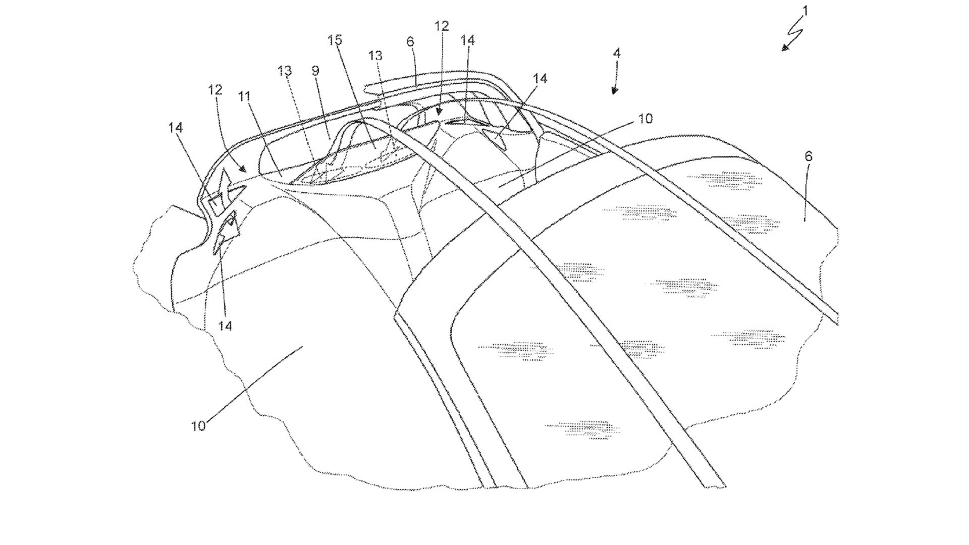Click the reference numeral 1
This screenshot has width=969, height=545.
[x=805, y=11]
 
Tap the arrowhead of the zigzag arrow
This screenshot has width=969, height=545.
[x=784, y=47]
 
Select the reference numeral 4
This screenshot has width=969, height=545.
[x=617, y=53]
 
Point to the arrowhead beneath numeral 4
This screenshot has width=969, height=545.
[x=614, y=90]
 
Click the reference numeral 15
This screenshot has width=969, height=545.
[x=335, y=40]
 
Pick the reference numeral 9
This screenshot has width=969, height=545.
[x=316, y=71]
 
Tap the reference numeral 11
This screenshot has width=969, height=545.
[x=245, y=96]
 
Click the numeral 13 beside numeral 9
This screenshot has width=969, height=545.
[x=285, y=71]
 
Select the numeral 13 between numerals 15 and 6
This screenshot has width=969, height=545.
[x=375, y=56]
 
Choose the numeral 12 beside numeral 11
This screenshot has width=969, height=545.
[x=215, y=90]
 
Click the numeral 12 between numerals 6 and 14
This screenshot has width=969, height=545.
[x=442, y=26]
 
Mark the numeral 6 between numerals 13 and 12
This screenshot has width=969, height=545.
[x=410, y=41]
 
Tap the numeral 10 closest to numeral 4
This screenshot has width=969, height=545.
[x=645, y=119]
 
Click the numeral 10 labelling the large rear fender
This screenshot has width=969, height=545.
[x=198, y=426]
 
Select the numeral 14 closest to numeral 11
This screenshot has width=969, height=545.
[x=176, y=128]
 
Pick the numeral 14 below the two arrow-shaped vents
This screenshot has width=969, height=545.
[x=225, y=326]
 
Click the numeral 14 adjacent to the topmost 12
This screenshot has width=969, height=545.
[x=467, y=40]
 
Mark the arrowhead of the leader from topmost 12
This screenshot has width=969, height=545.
[x=439, y=112]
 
